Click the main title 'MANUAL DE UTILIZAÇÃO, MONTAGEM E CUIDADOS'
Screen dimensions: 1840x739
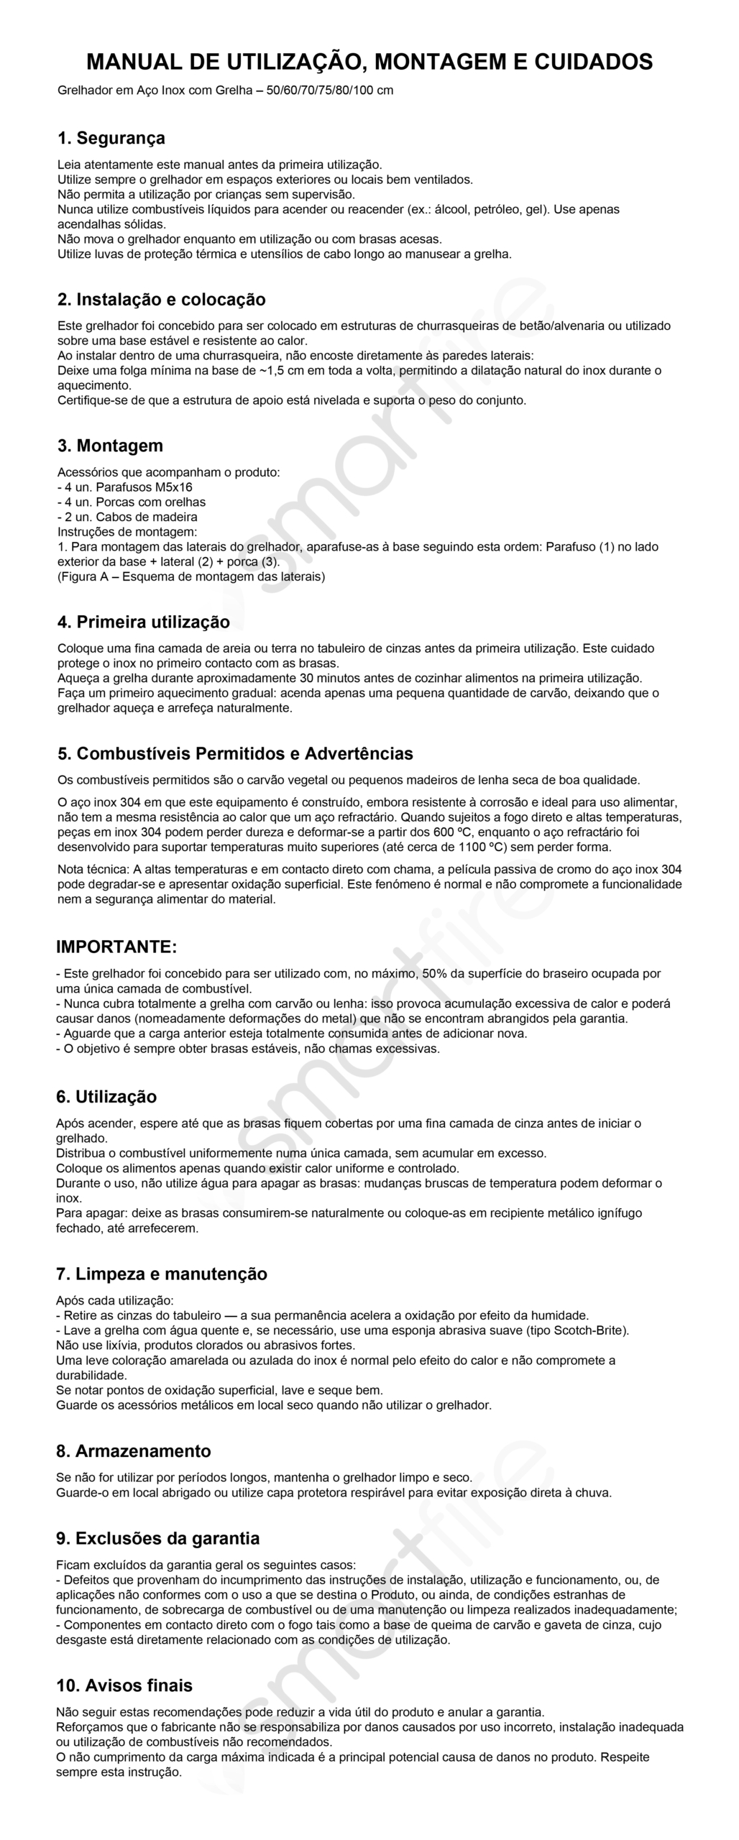369,61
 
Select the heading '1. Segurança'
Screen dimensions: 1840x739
111,137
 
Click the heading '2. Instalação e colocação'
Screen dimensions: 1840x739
162,299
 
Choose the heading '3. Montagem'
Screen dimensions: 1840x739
111,445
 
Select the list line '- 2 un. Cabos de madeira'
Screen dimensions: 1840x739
127,517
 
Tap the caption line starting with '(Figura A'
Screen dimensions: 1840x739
191,576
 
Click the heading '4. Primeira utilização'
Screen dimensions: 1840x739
144,621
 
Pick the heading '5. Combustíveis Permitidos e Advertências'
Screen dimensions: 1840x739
235,753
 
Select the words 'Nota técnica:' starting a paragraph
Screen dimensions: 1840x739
93,869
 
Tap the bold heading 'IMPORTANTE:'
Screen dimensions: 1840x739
116,947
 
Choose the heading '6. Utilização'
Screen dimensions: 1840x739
106,1096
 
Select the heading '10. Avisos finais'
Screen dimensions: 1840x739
124,1685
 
